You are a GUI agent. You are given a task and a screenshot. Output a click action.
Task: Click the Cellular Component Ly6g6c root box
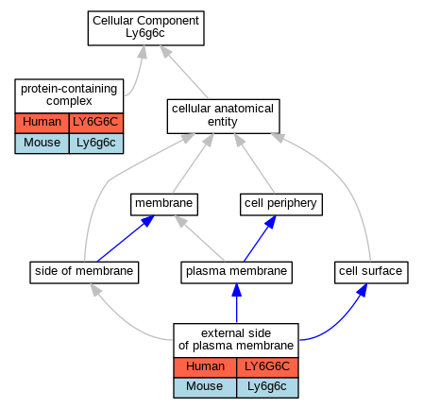pos(146,28)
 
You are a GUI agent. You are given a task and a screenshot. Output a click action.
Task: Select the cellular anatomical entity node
pos(223,116)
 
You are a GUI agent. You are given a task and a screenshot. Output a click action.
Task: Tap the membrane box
pos(164,205)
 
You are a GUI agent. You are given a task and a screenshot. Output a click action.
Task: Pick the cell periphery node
pos(281,205)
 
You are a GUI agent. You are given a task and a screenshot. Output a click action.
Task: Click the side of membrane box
pos(84,272)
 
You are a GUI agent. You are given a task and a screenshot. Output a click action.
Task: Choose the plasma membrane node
pos(236,272)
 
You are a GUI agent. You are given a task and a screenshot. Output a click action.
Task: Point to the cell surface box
pos(371,272)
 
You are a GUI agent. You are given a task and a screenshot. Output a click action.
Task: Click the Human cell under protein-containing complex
pos(42,123)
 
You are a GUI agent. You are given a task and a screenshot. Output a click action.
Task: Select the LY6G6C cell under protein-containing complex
pos(96,123)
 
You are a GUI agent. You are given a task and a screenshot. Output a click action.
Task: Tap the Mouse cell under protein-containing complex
pos(42,144)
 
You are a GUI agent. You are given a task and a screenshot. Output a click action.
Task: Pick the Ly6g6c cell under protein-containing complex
pos(96,144)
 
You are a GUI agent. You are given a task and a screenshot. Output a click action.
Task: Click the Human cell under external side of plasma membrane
pos(205,367)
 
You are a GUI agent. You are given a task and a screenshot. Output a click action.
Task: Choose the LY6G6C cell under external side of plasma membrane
pos(267,367)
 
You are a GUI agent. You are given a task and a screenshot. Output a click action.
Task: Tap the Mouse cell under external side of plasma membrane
pos(205,387)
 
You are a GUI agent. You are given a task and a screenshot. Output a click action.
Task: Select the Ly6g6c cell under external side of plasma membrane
pos(267,387)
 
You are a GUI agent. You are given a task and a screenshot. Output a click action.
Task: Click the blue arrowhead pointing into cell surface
pos(363,290)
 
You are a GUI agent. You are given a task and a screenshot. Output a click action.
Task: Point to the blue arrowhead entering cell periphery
pos(271,222)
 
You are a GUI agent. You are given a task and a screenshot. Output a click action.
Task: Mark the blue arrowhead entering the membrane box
pos(148,220)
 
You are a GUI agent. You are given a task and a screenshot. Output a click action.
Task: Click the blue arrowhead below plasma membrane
pos(237,290)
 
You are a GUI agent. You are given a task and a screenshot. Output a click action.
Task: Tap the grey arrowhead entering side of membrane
pos(95,290)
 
